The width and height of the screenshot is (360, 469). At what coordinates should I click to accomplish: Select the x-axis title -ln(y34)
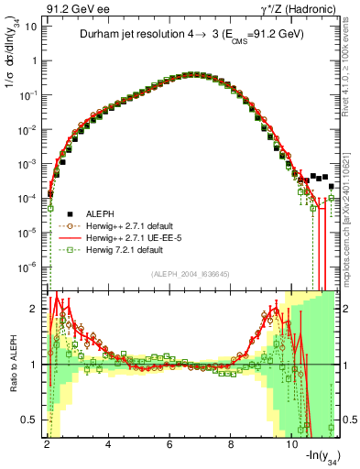(317, 458)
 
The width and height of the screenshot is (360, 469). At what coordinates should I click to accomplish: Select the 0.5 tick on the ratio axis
(31, 420)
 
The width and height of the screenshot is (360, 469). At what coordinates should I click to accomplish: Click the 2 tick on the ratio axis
(35, 308)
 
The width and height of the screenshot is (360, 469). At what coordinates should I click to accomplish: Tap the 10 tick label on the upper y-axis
(29, 27)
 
